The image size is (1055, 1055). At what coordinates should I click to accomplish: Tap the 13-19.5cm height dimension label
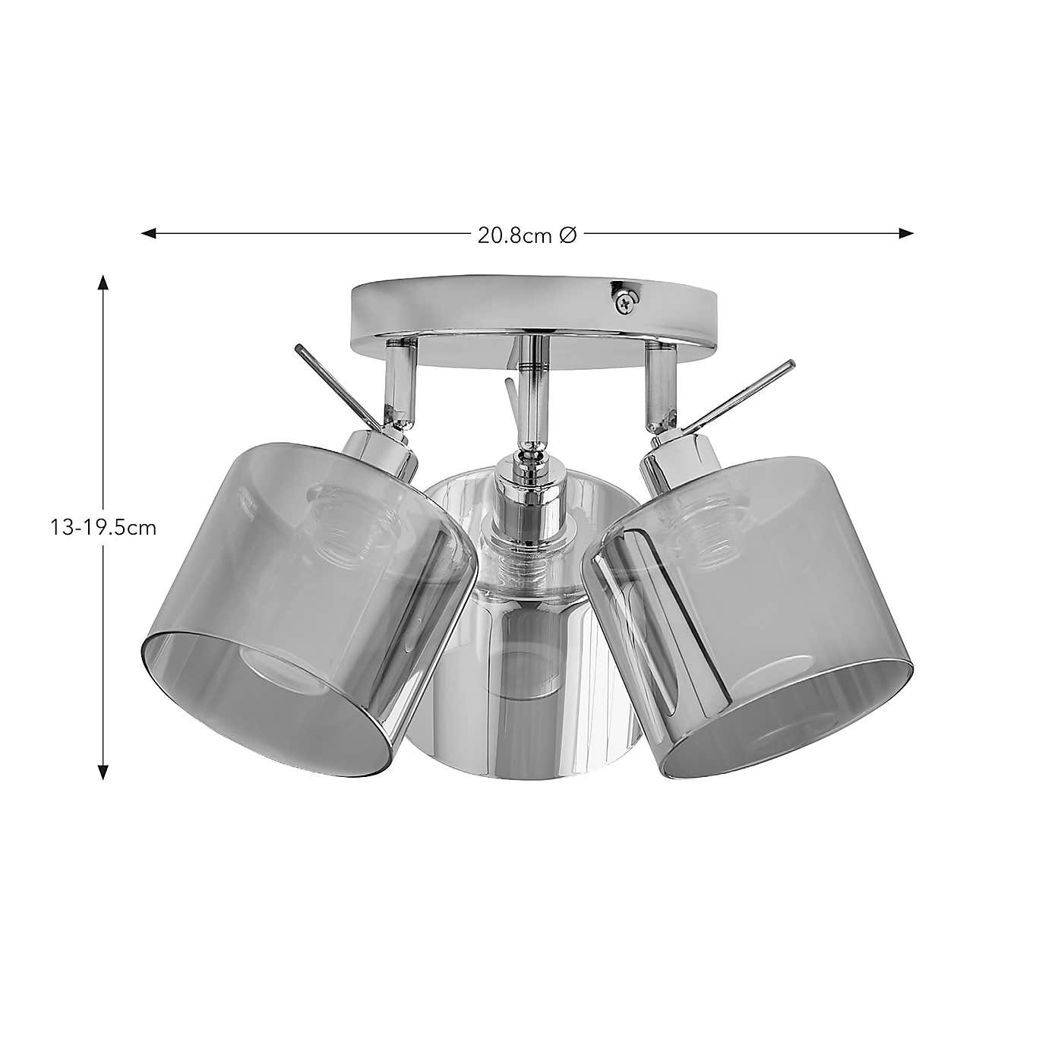click(x=103, y=528)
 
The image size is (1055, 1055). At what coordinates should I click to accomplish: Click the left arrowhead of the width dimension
click(x=149, y=234)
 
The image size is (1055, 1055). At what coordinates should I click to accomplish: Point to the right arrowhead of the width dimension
click(x=905, y=234)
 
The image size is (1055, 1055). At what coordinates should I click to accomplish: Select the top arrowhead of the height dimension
click(x=103, y=282)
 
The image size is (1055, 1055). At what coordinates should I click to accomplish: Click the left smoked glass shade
click(x=303, y=605)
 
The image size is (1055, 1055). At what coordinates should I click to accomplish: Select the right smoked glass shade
click(x=751, y=607)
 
